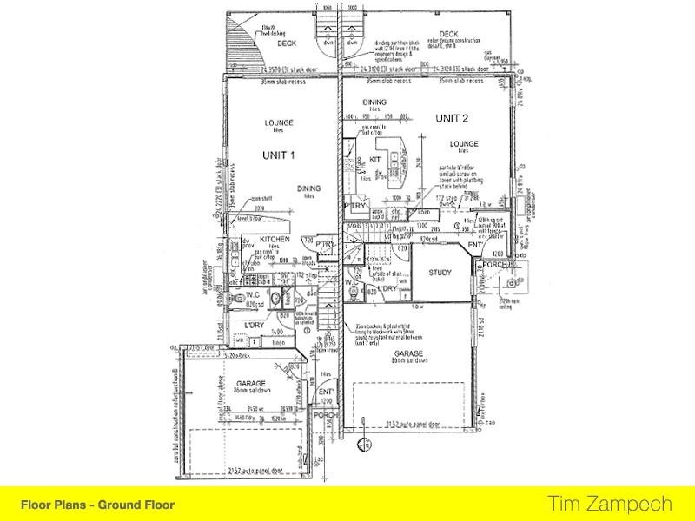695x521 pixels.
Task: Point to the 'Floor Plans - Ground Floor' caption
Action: [x=97, y=504]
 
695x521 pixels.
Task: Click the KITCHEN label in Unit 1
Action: [x=274, y=239]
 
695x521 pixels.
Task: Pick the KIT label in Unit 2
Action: [x=377, y=161]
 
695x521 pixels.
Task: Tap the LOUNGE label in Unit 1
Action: [x=279, y=122]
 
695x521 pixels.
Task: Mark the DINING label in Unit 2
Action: [x=375, y=102]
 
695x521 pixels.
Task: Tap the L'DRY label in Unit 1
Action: [x=255, y=325]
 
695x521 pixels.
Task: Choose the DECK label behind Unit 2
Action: [x=449, y=33]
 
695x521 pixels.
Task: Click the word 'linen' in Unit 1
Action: [x=278, y=343]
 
